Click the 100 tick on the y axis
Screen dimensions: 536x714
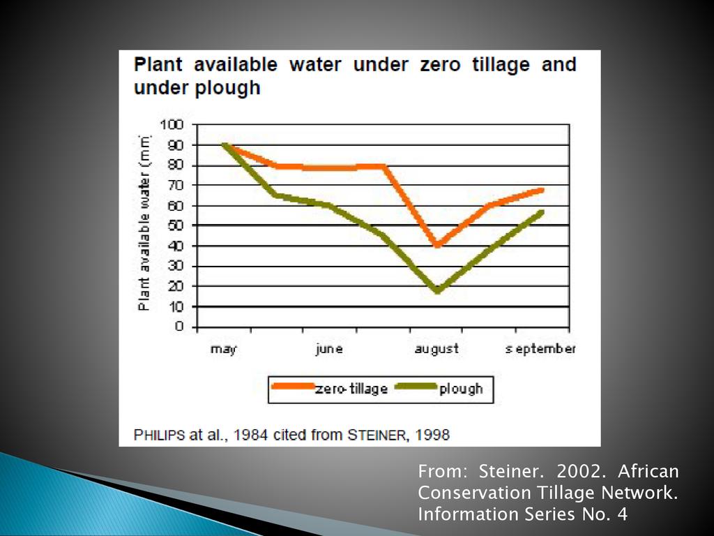(x=172, y=125)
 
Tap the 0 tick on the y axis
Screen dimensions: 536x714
(x=179, y=327)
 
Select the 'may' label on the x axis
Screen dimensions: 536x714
(x=223, y=349)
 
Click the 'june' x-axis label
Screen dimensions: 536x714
(x=328, y=349)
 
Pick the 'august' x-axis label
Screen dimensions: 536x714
(x=436, y=349)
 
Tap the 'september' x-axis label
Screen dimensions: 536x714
(x=540, y=349)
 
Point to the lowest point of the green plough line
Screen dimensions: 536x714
(x=437, y=290)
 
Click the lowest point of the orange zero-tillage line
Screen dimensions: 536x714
(x=437, y=245)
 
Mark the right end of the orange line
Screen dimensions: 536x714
(x=542, y=190)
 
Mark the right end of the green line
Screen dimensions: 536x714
(x=542, y=211)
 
